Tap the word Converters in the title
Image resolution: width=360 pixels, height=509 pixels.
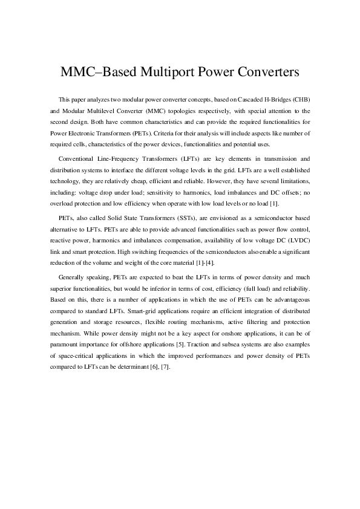[x=265, y=73]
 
